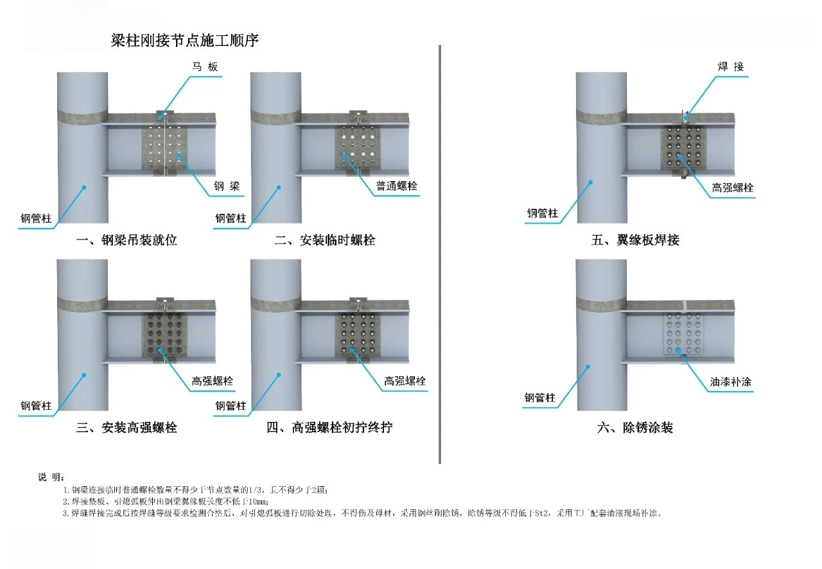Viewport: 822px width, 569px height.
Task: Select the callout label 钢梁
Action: tap(227, 186)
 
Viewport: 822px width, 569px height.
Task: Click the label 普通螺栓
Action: tap(397, 186)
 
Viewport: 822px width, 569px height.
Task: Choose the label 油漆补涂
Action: tap(731, 382)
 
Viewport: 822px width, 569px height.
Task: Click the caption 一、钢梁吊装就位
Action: tap(127, 241)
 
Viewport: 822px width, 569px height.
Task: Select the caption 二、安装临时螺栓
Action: tap(324, 241)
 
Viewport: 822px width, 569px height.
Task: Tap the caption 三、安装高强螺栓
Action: tap(127, 428)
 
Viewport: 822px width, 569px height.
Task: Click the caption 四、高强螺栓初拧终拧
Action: tap(329, 428)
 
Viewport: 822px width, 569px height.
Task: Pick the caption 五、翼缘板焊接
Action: tap(635, 241)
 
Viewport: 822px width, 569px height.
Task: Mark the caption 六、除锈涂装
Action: tap(635, 428)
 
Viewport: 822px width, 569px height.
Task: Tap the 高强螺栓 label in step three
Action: tap(213, 381)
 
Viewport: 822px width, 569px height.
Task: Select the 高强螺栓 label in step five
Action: tap(732, 188)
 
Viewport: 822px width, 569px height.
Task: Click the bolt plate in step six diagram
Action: tap(683, 333)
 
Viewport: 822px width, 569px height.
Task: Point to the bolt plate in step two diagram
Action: tap(358, 146)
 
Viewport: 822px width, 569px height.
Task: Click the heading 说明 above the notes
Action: tap(51, 477)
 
